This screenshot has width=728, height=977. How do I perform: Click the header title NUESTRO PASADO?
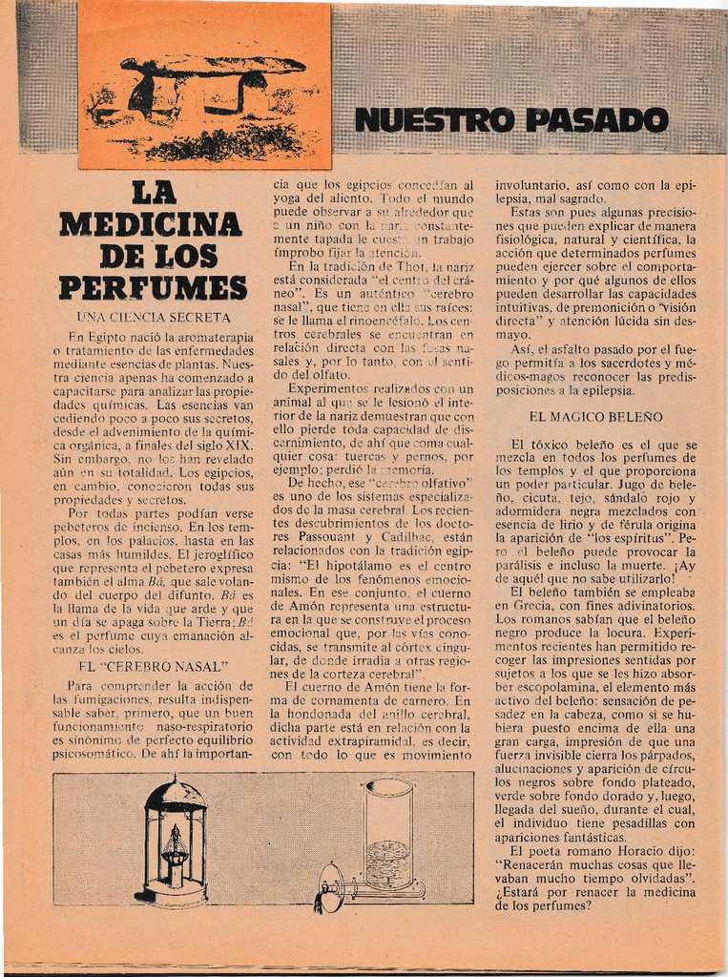(x=510, y=120)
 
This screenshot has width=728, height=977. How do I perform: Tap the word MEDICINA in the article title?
(x=151, y=223)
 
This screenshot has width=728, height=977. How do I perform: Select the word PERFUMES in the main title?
(x=153, y=287)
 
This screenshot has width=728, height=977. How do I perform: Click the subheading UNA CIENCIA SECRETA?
(x=153, y=317)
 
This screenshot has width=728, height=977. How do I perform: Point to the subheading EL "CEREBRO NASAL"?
(x=153, y=666)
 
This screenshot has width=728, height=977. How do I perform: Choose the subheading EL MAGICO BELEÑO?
(x=595, y=417)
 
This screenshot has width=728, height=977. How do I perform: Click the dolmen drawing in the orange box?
(x=203, y=100)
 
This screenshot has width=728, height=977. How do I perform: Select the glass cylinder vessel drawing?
(x=388, y=833)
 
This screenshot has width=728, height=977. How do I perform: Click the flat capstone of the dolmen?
(x=214, y=65)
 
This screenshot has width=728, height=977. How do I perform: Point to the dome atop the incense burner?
(x=175, y=794)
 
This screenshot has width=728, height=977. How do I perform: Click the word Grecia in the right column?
(x=516, y=605)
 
